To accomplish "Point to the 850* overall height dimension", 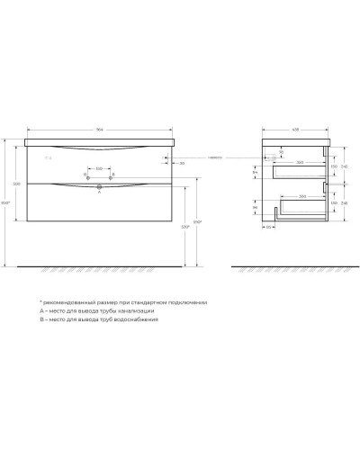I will click(7, 202).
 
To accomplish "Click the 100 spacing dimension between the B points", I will click(100, 167).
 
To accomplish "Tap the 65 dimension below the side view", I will click(269, 228).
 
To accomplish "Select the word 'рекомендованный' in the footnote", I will click(75, 302).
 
